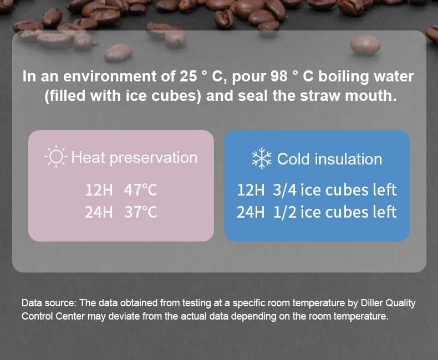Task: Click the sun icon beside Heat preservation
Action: point(56,157)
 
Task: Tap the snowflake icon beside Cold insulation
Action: point(262,158)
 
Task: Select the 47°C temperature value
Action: point(140,190)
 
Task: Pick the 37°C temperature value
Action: point(140,212)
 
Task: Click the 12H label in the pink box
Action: point(99,190)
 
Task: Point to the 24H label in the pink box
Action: point(99,212)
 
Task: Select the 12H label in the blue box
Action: point(251,190)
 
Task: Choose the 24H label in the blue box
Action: point(250,212)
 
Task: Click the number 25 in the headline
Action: point(188,76)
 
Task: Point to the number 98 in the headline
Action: point(279,76)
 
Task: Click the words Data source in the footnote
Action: point(49,303)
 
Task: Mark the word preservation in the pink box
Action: point(154,158)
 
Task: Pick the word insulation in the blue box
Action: point(348,159)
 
